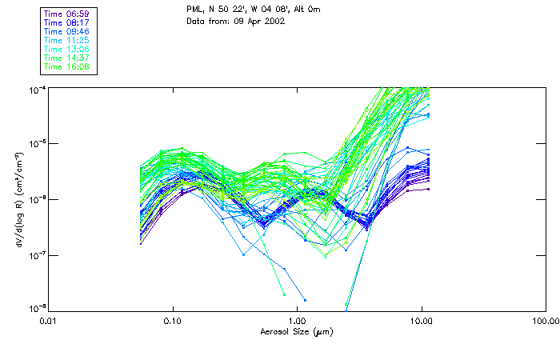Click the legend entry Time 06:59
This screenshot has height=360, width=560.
pyautogui.click(x=67, y=14)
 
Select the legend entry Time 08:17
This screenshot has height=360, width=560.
pyautogui.click(x=67, y=23)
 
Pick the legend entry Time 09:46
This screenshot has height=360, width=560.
pyautogui.click(x=67, y=32)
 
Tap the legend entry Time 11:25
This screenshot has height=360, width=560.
pyautogui.click(x=67, y=41)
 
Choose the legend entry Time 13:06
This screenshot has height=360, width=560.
pyautogui.click(x=67, y=50)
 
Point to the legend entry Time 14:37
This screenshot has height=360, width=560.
pyautogui.click(x=67, y=58)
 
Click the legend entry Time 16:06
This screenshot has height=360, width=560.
pyautogui.click(x=67, y=67)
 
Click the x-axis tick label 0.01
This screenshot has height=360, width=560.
pyautogui.click(x=49, y=321)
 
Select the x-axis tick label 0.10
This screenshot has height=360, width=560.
pyautogui.click(x=173, y=321)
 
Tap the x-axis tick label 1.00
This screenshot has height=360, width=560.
pyautogui.click(x=297, y=321)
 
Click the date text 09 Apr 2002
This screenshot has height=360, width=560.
pyautogui.click(x=259, y=21)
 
